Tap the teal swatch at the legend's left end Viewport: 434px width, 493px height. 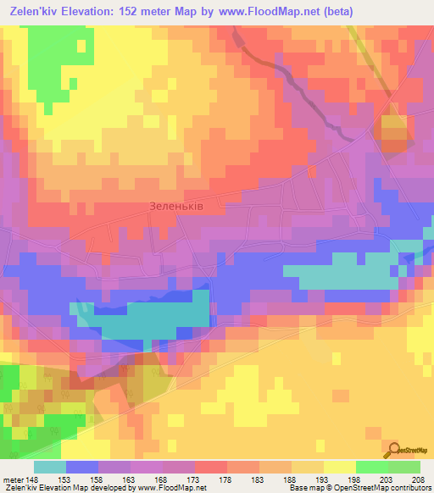tap(49, 467)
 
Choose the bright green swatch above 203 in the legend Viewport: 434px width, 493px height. tap(371, 467)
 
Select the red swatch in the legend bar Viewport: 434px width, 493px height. tap(210, 467)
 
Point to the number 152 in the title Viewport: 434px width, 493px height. tap(131, 11)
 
